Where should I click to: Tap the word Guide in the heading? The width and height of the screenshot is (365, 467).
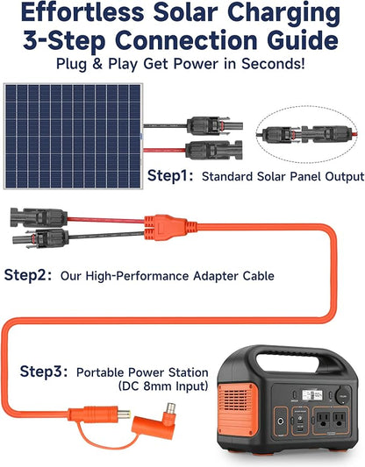click(303, 40)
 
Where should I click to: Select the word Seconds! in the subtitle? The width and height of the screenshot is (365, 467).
click(273, 64)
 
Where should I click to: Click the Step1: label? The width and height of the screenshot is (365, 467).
click(170, 175)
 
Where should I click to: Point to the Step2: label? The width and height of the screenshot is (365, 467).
click(28, 275)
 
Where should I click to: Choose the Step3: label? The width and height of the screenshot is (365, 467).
click(44, 371)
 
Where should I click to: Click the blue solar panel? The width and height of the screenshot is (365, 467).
click(74, 136)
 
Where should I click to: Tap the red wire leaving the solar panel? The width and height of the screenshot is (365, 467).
click(164, 150)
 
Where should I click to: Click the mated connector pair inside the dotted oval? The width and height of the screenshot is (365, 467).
click(307, 134)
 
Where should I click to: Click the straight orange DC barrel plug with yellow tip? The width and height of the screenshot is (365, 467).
click(100, 414)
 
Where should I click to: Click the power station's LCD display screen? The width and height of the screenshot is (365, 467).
click(312, 395)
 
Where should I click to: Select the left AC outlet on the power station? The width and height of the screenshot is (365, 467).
click(323, 420)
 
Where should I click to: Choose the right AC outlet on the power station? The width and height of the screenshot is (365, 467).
click(340, 420)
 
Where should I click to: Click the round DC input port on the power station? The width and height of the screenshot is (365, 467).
click(281, 421)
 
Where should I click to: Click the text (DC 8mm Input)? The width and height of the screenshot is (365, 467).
click(163, 386)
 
